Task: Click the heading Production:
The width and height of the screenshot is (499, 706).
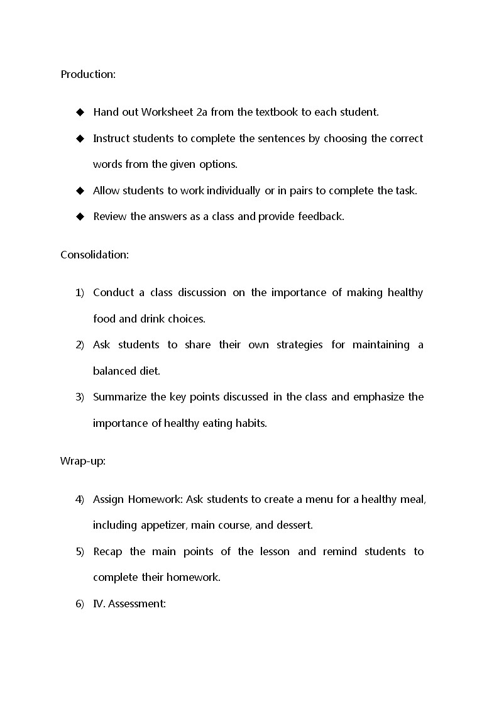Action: pyautogui.click(x=88, y=74)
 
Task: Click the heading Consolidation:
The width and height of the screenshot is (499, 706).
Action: pyautogui.click(x=94, y=255)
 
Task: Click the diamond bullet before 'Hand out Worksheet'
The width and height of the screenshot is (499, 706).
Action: pyautogui.click(x=80, y=113)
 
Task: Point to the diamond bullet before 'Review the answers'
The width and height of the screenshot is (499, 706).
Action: pyautogui.click(x=80, y=216)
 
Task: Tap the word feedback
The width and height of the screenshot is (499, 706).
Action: pyautogui.click(x=321, y=216)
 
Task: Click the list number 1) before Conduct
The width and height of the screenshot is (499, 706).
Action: pyautogui.click(x=80, y=293)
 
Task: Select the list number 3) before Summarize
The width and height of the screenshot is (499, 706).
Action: pyautogui.click(x=80, y=397)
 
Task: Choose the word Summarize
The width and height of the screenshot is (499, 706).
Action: pyautogui.click(x=118, y=397)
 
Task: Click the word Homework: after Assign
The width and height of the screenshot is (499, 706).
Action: pyautogui.click(x=155, y=500)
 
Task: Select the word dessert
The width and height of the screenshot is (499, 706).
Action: pyautogui.click(x=294, y=525)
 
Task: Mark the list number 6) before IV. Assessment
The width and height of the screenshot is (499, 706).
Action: pyautogui.click(x=80, y=604)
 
